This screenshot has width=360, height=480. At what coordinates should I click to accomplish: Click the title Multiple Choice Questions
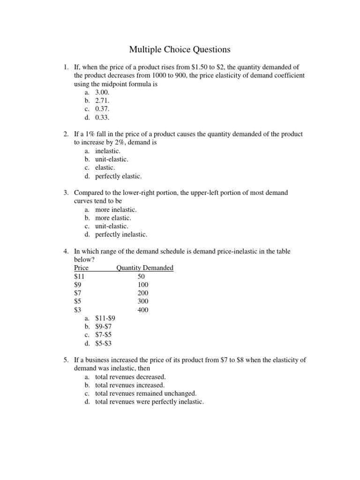180,49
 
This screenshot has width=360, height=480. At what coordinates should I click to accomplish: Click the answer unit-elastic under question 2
112,159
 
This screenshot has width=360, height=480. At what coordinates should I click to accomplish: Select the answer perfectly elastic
118,176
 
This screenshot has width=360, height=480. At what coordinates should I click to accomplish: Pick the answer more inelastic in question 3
116,210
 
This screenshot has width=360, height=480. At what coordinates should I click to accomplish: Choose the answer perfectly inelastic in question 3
121,234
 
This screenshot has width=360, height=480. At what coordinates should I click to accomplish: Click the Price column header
82,268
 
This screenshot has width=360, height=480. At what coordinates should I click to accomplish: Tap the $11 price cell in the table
80,277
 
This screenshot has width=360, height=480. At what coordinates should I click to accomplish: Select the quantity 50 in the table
142,277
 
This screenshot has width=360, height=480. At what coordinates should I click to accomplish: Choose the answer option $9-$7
104,326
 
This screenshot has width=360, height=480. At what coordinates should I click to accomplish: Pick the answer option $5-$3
104,343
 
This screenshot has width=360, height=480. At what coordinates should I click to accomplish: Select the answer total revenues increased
129,385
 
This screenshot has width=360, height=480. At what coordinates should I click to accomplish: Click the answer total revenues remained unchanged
145,393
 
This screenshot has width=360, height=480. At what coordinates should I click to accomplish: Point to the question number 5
66,360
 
